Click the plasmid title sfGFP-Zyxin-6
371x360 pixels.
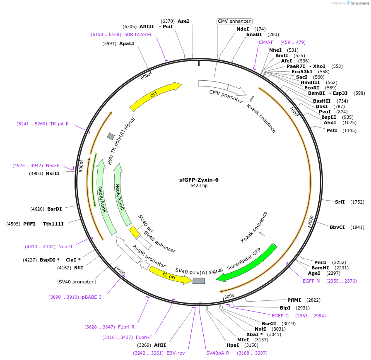pos(199,180)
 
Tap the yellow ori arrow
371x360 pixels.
pos(155,96)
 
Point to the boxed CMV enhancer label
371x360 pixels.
pos(234,21)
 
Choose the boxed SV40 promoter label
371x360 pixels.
pos(77,282)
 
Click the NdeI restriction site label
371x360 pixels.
pos(243,29)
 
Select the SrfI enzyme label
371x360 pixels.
pos(340,202)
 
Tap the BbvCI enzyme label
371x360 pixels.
pos(337,227)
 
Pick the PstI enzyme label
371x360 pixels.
pos(332,130)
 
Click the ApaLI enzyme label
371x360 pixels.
pos(127,43)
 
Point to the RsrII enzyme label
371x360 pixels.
pos(53,173)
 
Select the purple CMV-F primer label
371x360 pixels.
pos(266,42)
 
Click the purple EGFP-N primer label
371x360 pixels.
pos(311,281)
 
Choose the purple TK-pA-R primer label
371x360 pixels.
pos(60,124)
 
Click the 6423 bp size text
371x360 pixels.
pos(199,186)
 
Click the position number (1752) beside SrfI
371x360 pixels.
pos(357,202)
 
